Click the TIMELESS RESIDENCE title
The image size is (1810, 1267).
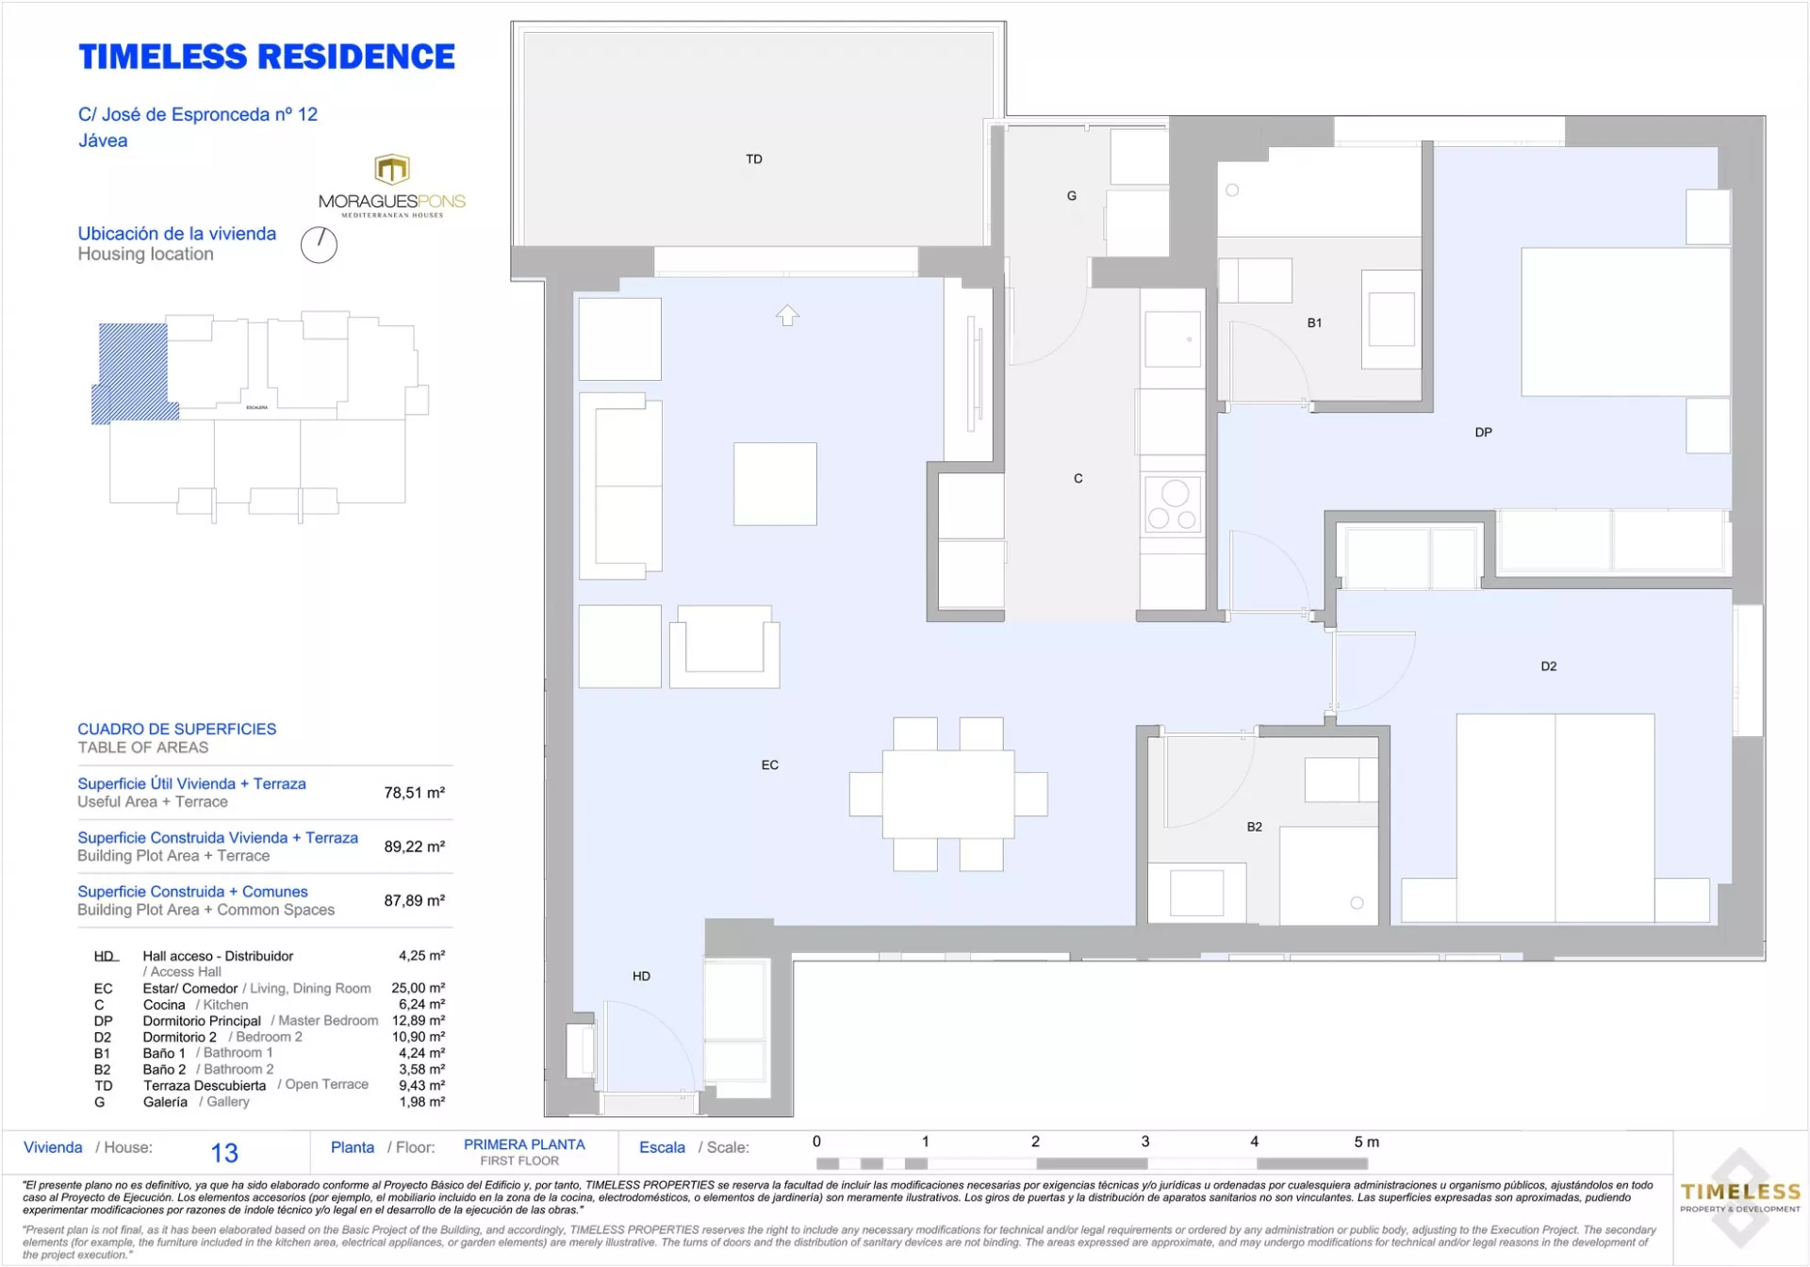click(x=267, y=57)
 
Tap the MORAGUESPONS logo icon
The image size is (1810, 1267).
click(x=392, y=170)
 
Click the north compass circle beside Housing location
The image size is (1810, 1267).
click(x=319, y=245)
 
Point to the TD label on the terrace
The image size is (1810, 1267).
click(x=754, y=159)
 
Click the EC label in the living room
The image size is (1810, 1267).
click(x=770, y=765)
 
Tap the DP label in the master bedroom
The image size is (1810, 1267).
click(x=1484, y=433)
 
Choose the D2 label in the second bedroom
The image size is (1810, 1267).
click(x=1549, y=666)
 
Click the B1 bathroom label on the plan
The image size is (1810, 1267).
click(x=1314, y=323)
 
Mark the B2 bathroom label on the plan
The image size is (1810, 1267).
click(x=1255, y=827)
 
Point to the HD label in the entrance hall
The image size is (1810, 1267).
click(x=641, y=976)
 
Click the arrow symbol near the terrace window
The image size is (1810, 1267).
click(x=787, y=315)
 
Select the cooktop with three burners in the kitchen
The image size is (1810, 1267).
click(x=1173, y=504)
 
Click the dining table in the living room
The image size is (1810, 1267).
click(x=948, y=794)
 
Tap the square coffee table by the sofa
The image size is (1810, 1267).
click(x=775, y=484)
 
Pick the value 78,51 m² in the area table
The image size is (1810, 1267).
click(x=414, y=793)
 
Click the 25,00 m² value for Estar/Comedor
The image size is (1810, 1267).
click(x=418, y=988)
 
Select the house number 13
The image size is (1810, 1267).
click(x=224, y=1153)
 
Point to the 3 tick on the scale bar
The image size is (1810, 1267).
click(x=1145, y=1142)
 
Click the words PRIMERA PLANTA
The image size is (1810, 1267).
click(x=524, y=1144)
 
